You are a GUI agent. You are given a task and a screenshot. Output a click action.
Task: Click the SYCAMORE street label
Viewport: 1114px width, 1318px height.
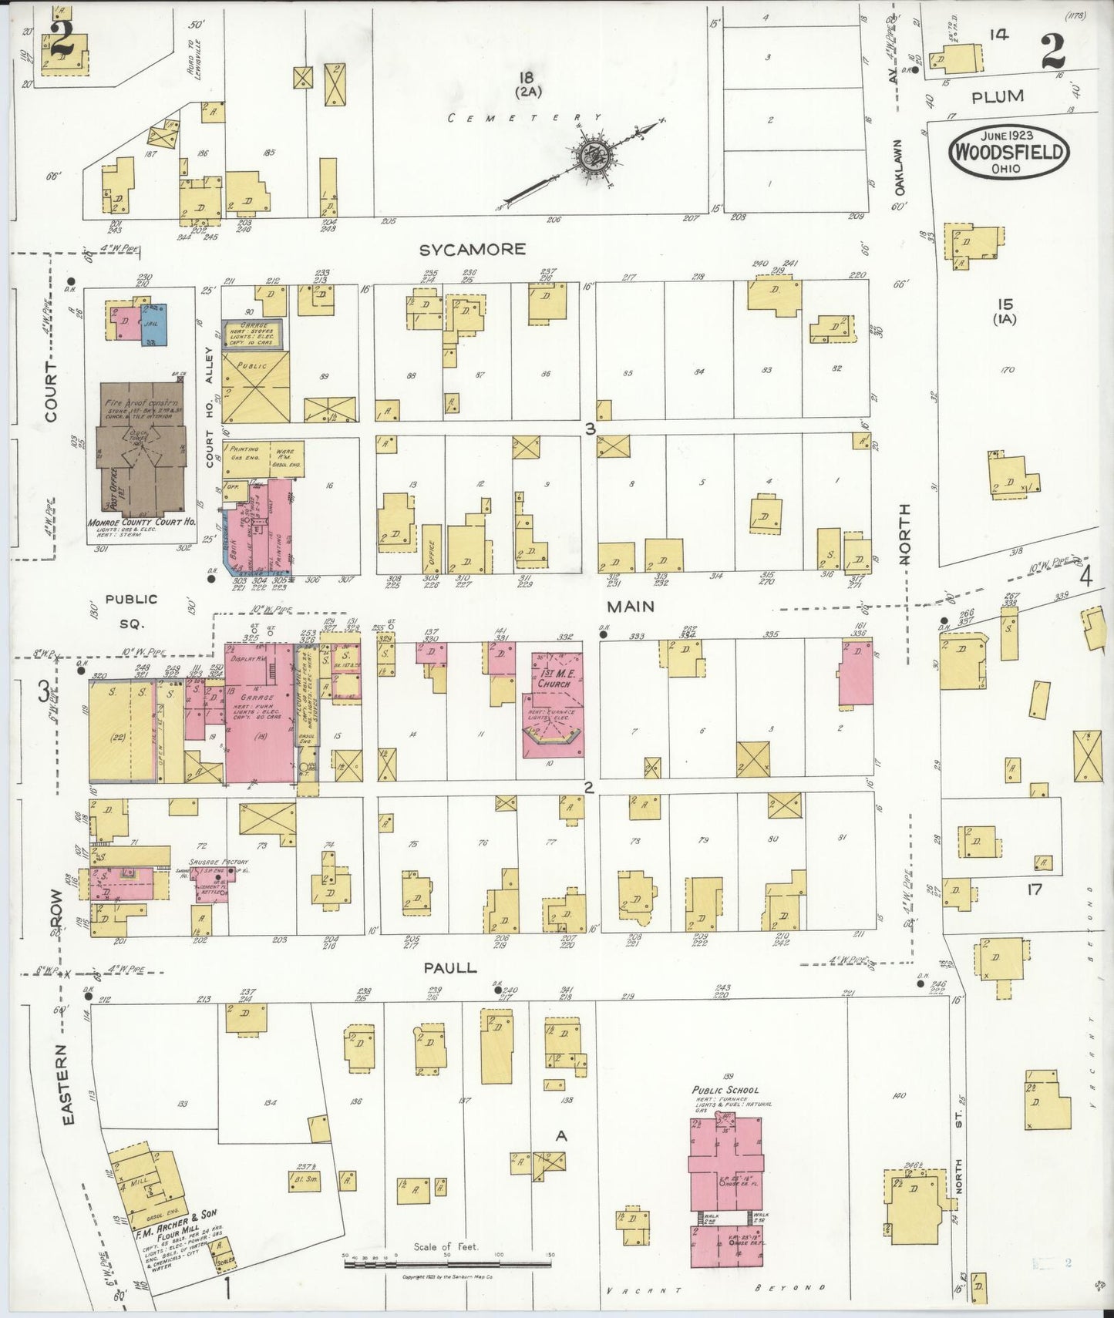(x=473, y=249)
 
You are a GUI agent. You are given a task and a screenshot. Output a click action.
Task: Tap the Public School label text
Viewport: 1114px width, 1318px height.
(x=725, y=1090)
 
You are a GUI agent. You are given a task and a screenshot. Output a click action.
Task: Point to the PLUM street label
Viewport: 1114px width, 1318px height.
(x=998, y=96)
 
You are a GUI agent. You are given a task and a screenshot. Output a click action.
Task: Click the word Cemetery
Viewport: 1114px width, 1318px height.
(x=523, y=118)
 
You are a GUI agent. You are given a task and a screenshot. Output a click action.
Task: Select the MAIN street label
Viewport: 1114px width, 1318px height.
(x=630, y=607)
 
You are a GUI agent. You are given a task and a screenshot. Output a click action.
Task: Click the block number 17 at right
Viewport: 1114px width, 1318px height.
(x=1033, y=889)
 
